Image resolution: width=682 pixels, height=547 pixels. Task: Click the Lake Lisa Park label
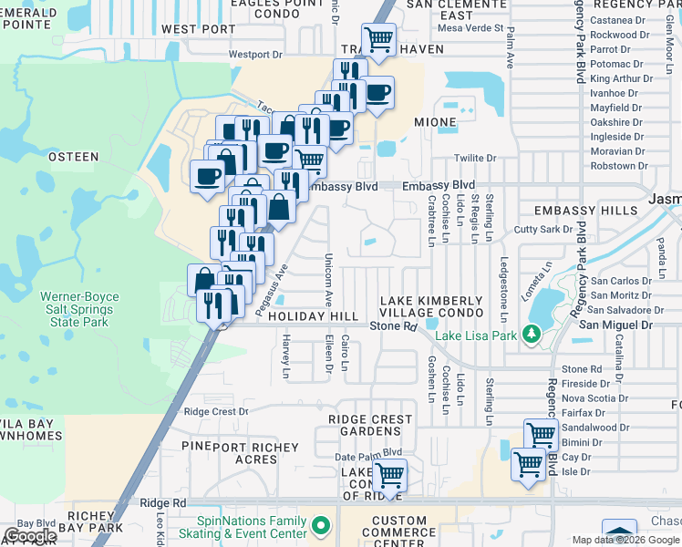[x=474, y=335]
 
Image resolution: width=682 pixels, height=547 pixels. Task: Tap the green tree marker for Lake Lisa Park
[x=530, y=335]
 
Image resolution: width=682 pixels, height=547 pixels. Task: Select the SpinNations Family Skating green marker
[x=319, y=526]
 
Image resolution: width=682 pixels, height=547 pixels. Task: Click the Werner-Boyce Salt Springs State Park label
[x=75, y=309]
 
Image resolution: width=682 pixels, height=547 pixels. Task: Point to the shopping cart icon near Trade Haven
[x=378, y=40]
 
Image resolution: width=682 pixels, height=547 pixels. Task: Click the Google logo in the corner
[x=29, y=536]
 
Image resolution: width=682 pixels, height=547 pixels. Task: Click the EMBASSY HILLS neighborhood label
[x=586, y=211]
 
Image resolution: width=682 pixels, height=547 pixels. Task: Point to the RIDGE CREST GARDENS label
[x=370, y=425]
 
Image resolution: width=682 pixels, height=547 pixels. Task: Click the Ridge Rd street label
[x=163, y=502]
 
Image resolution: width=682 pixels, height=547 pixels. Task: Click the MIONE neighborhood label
[x=435, y=121]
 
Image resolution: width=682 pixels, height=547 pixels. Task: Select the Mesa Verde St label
[x=470, y=28]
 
